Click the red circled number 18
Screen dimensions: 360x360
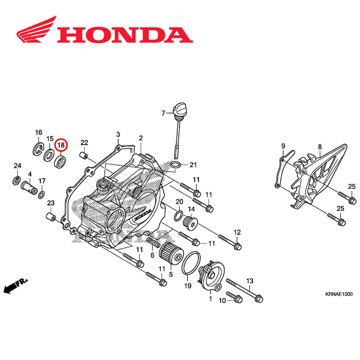click(61, 145)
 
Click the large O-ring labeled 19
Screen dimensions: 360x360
click(191, 262)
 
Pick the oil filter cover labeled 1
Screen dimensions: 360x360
click(212, 277)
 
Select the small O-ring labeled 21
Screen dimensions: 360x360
click(175, 165)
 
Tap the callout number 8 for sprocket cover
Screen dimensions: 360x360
click(319, 147)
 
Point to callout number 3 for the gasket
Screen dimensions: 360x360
click(118, 135)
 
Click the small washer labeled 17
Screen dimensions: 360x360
click(42, 194)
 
